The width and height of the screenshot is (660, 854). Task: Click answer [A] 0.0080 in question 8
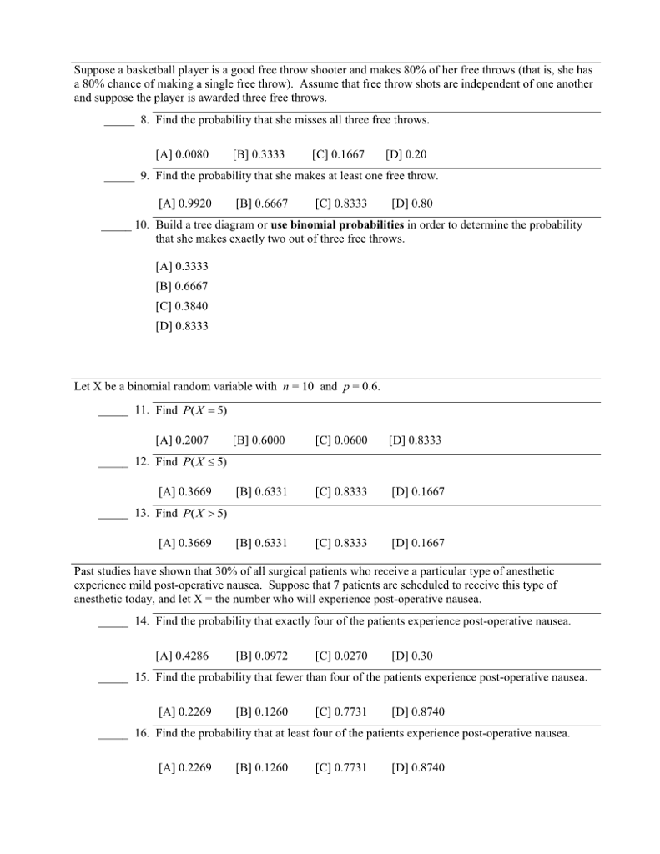coord(182,154)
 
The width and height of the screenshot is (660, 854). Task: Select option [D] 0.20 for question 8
coord(406,154)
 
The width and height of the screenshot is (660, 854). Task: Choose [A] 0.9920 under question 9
coord(184,203)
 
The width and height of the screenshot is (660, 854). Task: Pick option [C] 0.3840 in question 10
coord(182,306)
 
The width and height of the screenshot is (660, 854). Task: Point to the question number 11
coord(141,411)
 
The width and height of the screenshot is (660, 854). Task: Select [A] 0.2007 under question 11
coord(182,440)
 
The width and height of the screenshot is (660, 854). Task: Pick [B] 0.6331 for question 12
coord(261,492)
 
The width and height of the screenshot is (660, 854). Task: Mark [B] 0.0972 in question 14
coord(261,656)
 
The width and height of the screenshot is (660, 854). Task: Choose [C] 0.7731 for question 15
coord(340,712)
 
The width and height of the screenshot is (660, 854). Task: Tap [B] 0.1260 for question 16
coord(261,767)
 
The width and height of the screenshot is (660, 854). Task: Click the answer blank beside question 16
coord(113,736)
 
